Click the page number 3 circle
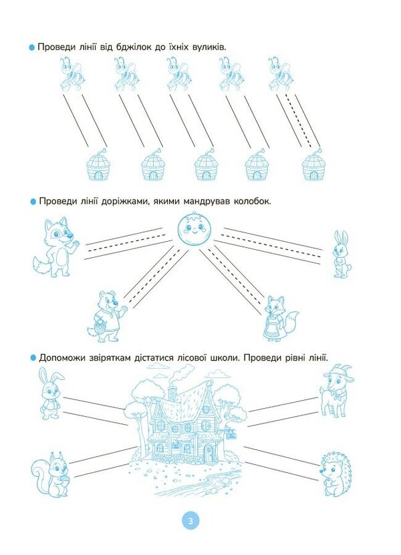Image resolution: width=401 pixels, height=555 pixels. [190, 521]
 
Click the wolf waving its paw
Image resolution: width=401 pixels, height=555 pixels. [55, 246]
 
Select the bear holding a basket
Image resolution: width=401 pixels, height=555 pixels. [107, 316]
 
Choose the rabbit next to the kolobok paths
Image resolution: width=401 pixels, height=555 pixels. [340, 254]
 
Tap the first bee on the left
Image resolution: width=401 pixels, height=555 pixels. [72, 73]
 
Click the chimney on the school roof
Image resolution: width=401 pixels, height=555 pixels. [172, 393]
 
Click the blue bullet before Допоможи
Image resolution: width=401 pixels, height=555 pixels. [33, 358]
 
